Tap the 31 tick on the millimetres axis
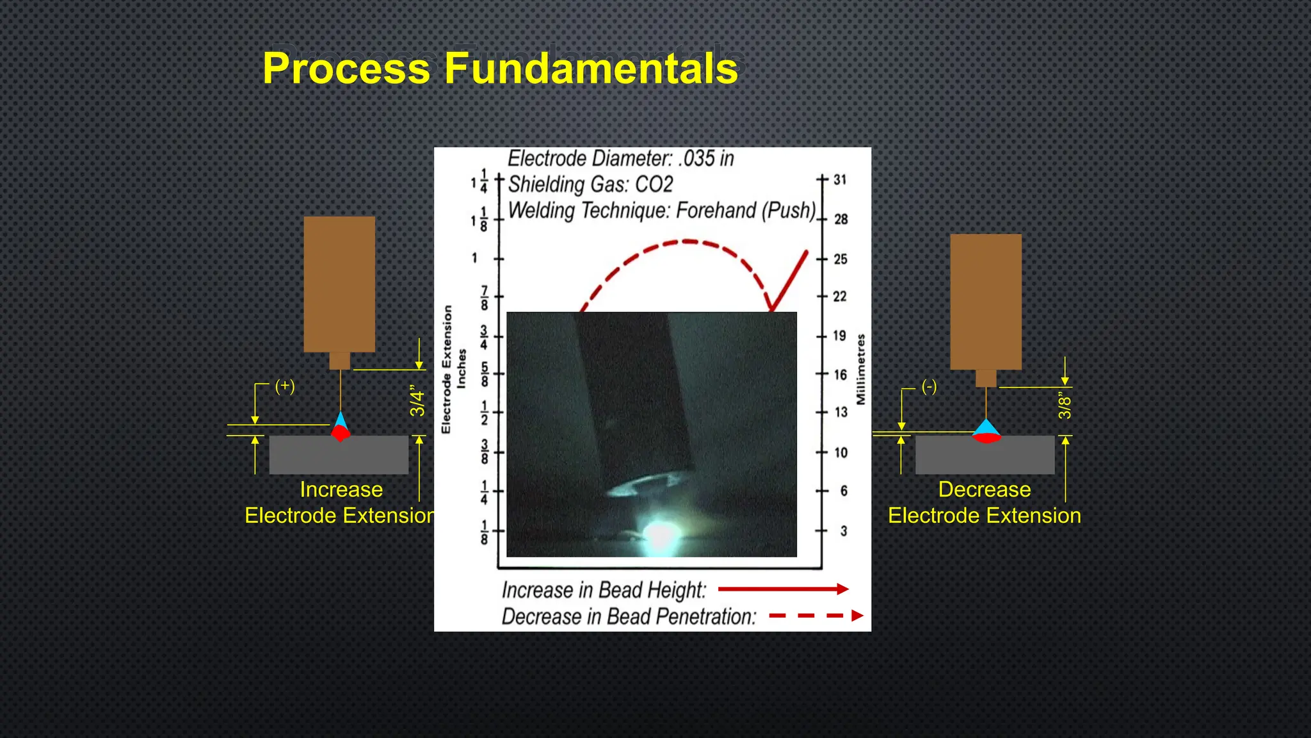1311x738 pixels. click(839, 180)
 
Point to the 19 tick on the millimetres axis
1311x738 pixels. click(839, 336)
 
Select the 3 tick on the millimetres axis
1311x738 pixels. click(843, 531)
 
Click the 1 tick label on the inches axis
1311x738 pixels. click(474, 258)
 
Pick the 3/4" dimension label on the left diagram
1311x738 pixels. click(417, 401)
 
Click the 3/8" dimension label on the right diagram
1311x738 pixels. click(1065, 406)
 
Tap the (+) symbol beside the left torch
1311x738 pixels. click(285, 386)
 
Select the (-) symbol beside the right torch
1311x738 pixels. click(929, 386)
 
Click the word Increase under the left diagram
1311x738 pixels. click(341, 489)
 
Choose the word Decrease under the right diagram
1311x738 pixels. click(985, 489)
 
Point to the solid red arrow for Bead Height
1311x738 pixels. click(783, 589)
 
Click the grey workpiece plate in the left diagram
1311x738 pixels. click(339, 455)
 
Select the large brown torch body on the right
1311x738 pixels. click(986, 301)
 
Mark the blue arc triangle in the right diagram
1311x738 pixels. click(986, 427)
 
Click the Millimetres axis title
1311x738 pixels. click(861, 369)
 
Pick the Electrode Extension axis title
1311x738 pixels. click(447, 369)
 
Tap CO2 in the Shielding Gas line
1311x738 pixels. click(654, 184)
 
